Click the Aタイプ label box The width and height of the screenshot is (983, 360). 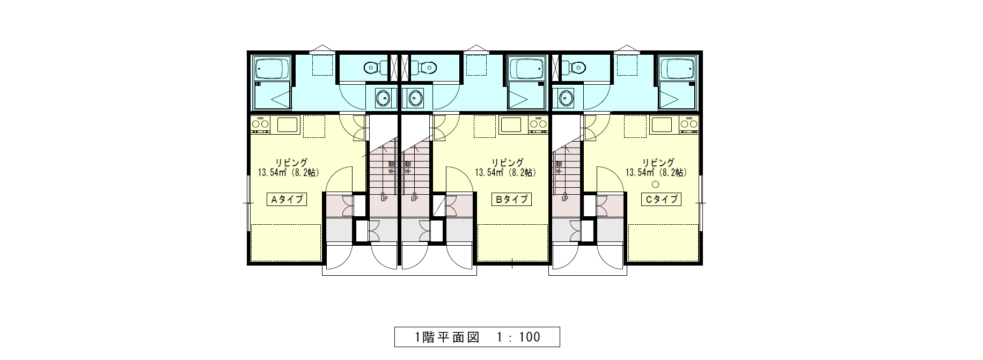[287, 199]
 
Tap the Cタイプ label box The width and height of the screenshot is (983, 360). [661, 199]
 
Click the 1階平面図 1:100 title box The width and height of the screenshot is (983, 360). [477, 337]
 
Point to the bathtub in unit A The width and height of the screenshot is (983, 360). [272, 69]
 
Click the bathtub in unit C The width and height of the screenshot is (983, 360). [678, 69]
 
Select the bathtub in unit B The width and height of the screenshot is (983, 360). [527, 69]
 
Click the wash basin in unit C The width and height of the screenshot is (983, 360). [566, 98]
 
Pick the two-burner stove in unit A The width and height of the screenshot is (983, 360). [261, 124]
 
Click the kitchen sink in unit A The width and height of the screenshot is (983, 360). [287, 125]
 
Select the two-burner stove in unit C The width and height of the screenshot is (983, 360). [689, 124]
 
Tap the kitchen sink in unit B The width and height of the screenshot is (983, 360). [511, 125]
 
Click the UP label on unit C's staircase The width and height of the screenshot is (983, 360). [564, 199]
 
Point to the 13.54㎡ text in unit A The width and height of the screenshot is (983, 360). [272, 173]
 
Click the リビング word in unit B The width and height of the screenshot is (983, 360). [508, 162]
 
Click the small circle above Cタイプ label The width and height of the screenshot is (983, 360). [655, 185]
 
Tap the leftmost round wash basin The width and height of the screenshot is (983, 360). [383, 98]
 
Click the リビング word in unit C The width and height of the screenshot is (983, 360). [658, 162]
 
